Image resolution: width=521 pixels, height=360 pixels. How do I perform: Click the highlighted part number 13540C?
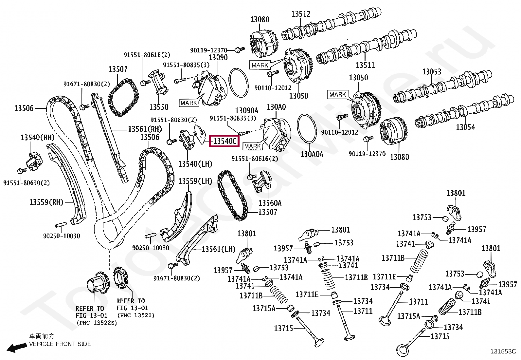point(225,141)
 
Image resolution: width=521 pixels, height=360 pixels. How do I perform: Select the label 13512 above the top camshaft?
point(301,14)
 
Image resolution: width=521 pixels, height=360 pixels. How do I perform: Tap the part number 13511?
point(365,65)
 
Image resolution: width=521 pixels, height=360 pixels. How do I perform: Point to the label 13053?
point(432,71)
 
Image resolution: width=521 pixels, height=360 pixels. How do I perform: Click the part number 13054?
point(465,127)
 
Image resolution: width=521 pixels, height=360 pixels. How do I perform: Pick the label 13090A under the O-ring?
point(246,110)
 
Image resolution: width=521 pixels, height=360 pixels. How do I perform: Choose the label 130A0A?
point(312,154)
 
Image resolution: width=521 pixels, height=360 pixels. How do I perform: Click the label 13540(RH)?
point(37,138)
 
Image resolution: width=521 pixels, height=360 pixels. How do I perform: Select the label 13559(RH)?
point(46,202)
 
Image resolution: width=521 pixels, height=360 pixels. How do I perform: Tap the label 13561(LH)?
point(219,249)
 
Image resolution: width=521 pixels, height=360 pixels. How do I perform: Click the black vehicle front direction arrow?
point(17,347)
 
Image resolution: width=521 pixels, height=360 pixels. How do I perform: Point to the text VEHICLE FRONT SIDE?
point(60,344)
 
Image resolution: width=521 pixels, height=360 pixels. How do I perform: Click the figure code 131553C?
point(503,351)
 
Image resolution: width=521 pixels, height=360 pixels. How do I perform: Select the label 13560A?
point(270,203)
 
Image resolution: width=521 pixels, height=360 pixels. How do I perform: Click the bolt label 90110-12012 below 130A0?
point(339,132)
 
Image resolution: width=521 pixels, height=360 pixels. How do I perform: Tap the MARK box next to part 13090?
point(189,103)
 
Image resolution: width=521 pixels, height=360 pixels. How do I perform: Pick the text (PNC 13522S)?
point(97,323)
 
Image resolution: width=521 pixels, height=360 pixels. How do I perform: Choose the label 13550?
point(159,107)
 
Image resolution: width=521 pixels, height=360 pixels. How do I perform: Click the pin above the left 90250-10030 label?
point(61,225)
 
